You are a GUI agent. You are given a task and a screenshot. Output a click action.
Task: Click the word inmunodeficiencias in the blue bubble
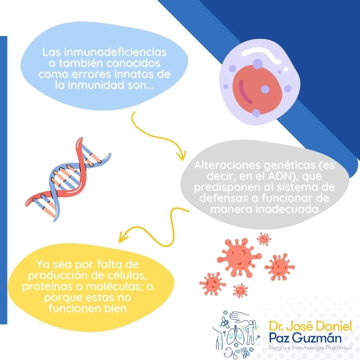point(115,52)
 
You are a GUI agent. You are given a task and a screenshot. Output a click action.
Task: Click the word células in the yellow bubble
point(125,276)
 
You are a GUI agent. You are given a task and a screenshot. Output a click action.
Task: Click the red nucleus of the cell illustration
point(257,90)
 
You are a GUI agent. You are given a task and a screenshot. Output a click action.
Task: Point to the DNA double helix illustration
point(68,179)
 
